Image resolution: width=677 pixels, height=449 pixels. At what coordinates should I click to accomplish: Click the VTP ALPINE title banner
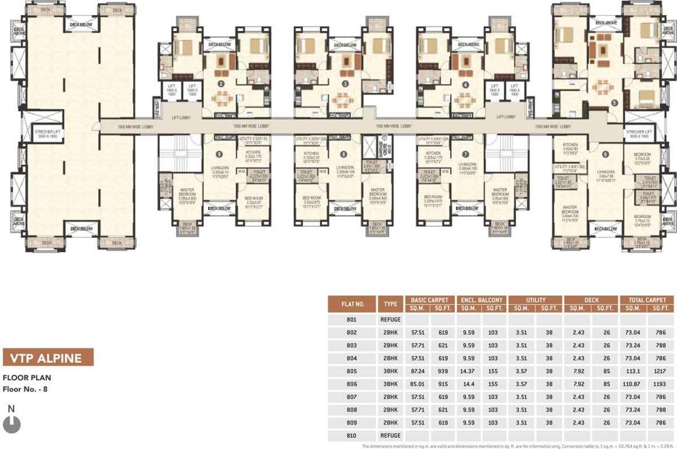point(48,357)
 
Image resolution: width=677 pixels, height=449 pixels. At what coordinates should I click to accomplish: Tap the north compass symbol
point(12,423)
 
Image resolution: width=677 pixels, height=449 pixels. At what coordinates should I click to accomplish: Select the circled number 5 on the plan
point(614,103)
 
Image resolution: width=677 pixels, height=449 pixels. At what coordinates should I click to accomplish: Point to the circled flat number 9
point(218,154)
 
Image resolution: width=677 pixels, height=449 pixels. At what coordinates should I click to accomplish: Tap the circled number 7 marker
point(465,154)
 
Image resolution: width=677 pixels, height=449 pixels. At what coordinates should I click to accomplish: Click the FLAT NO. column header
point(353,304)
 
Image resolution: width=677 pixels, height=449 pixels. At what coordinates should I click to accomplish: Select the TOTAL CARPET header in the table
point(647,300)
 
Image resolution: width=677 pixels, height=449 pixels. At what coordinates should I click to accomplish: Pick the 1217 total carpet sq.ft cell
point(661,371)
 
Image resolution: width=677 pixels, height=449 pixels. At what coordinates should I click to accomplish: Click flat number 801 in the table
point(352,320)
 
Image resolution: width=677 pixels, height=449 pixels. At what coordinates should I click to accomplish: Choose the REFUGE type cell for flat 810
point(390,436)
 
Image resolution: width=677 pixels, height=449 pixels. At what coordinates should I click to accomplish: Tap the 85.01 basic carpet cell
point(417,384)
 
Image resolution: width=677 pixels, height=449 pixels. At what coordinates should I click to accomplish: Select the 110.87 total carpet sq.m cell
point(633,384)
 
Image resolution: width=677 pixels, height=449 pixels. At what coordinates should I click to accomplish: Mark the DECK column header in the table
point(592,300)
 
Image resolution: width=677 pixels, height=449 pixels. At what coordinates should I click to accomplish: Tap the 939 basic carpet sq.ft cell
point(443,371)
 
